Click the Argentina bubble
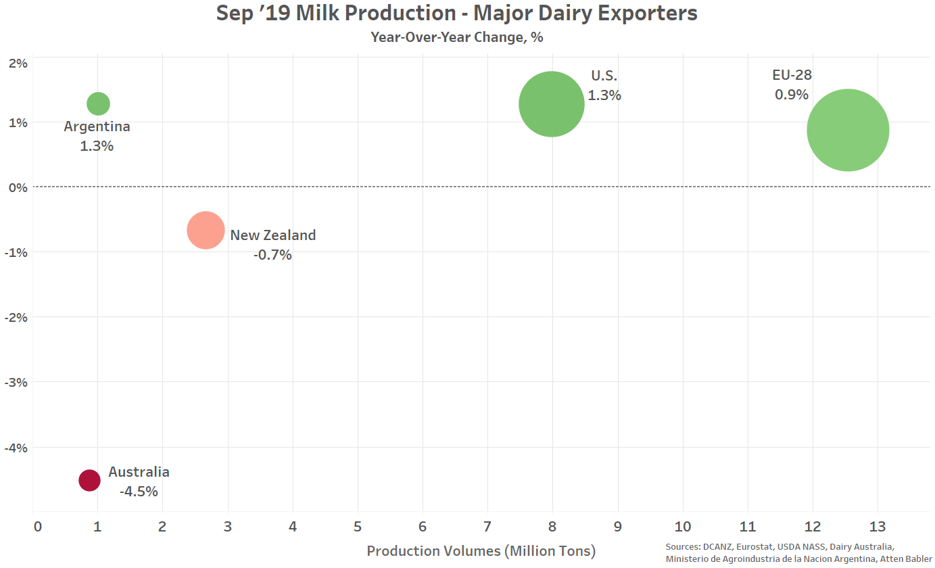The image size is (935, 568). [x=98, y=103]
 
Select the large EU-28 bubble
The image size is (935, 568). [x=848, y=131]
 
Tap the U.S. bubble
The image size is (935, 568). [x=552, y=104]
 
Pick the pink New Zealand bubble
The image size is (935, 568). [x=206, y=231]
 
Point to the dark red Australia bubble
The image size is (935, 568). [x=89, y=480]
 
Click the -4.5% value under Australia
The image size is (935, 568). [x=139, y=492]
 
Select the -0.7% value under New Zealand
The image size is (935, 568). [x=272, y=255]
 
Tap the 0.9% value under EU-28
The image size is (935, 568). [x=792, y=95]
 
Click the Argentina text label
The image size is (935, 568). [x=97, y=126]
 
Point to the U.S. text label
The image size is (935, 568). [x=604, y=76]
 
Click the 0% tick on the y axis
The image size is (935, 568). [x=18, y=187]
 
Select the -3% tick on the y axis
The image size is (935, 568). [x=16, y=382]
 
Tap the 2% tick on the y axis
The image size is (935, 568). [x=18, y=64]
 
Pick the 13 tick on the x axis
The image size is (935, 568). [x=878, y=527]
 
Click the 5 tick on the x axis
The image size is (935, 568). [x=358, y=527]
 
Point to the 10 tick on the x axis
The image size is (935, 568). [x=683, y=527]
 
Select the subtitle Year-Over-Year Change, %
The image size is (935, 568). [x=456, y=37]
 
